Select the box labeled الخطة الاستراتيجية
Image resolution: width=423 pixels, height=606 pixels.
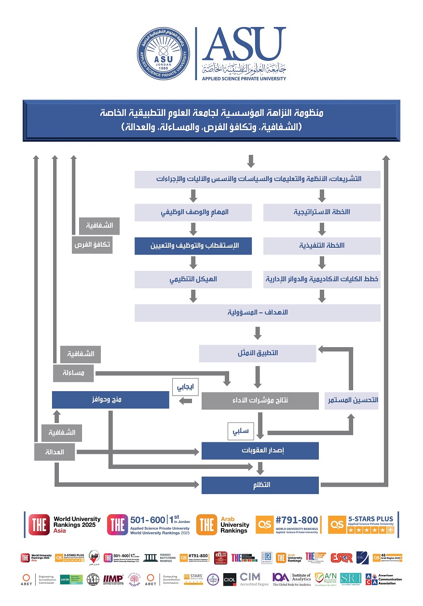pyautogui.click(x=322, y=212)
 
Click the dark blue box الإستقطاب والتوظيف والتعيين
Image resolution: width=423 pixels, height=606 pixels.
pyautogui.click(x=193, y=245)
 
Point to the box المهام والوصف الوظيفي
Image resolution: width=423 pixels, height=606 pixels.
pyautogui.click(x=193, y=212)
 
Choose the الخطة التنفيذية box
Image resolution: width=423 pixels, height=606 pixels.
pyautogui.click(x=322, y=245)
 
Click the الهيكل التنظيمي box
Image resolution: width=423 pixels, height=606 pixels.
pyautogui.click(x=193, y=279)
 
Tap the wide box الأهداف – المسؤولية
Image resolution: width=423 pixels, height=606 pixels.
pyautogui.click(x=257, y=312)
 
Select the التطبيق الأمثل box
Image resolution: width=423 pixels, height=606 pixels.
pyautogui.click(x=258, y=353)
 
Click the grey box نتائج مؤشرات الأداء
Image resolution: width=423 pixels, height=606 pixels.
pyautogui.click(x=260, y=400)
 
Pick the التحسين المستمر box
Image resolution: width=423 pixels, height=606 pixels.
pyautogui.click(x=352, y=400)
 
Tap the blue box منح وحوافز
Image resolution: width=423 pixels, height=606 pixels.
pyautogui.click(x=110, y=400)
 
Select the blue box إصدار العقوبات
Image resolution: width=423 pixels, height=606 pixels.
pyautogui.click(x=260, y=451)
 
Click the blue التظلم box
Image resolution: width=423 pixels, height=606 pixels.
pyautogui.click(x=260, y=485)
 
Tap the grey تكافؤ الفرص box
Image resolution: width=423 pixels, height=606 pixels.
pyautogui.click(x=92, y=245)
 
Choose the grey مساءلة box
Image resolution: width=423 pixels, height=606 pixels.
pyautogui.click(x=74, y=373)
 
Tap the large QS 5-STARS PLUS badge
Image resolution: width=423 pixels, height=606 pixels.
pyautogui.click(x=361, y=524)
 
